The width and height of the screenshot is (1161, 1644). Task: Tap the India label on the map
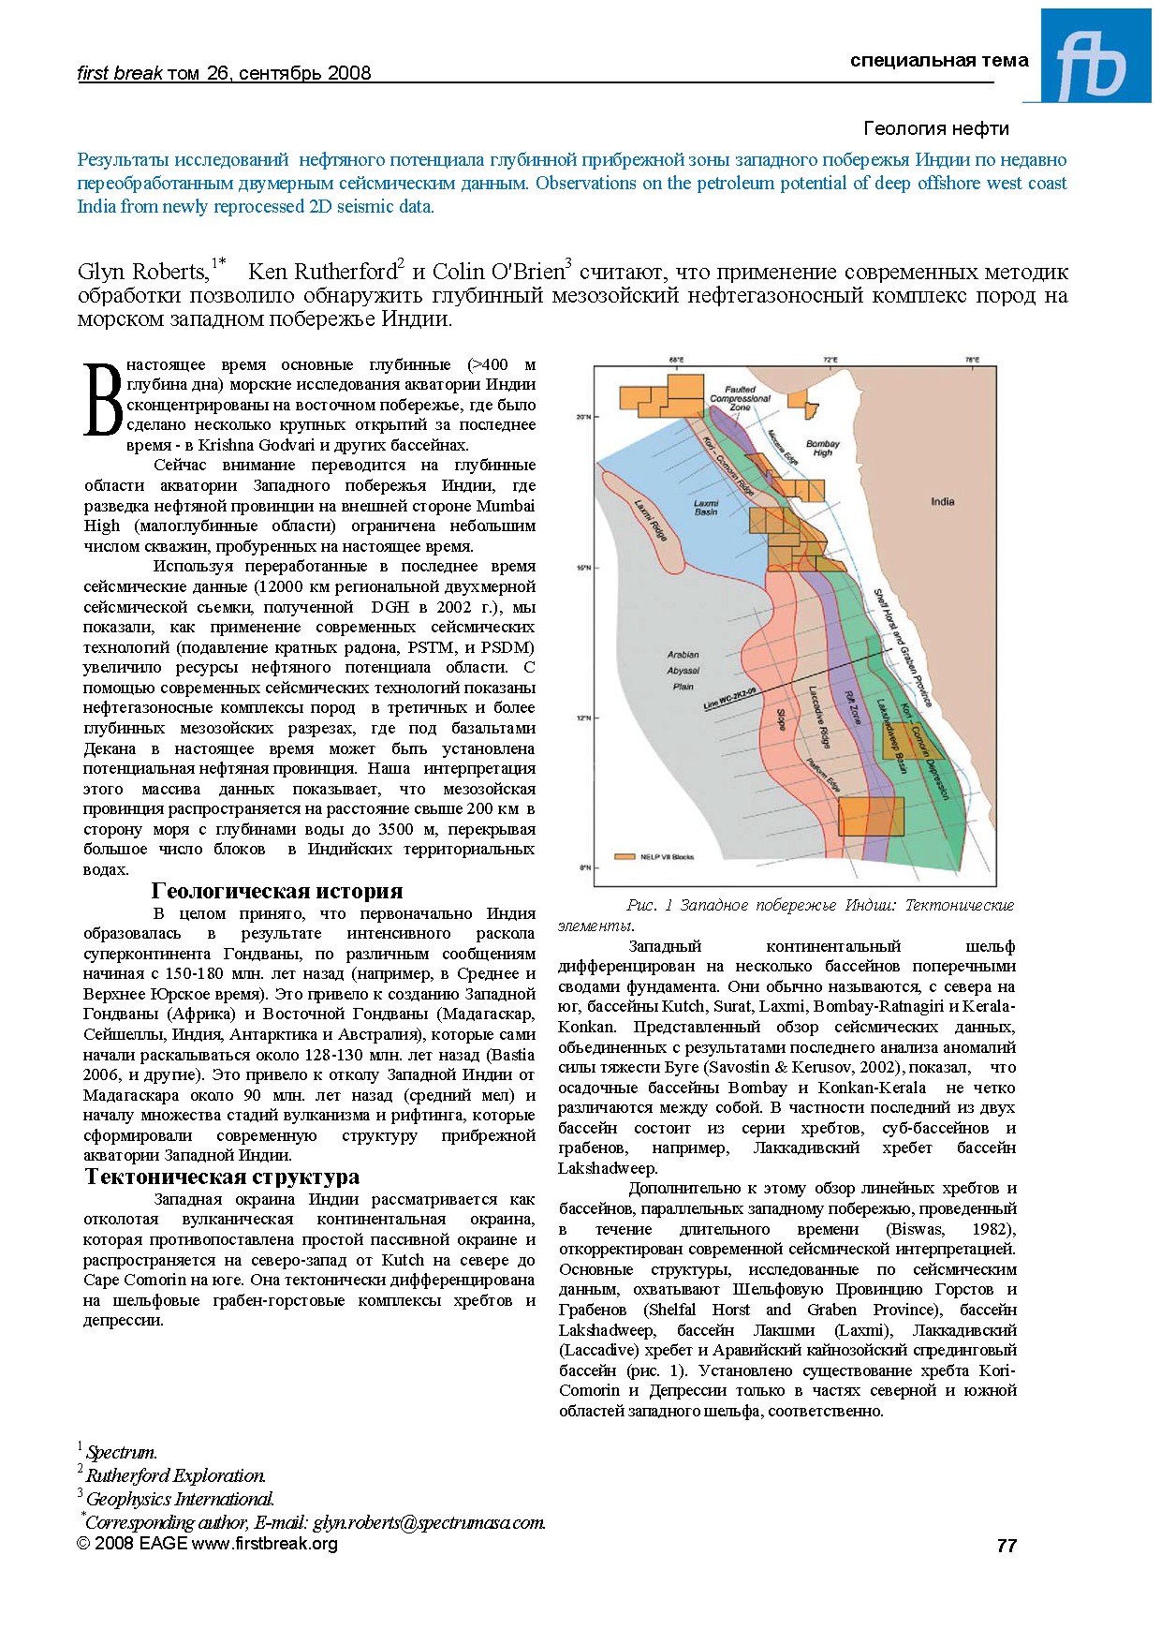942,501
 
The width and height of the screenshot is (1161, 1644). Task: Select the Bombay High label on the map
822,448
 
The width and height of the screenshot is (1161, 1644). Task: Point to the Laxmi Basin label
706,507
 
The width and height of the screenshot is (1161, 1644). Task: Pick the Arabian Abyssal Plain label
683,671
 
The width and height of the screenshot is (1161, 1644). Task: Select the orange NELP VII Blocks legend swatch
625,856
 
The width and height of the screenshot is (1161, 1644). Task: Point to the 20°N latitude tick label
582,417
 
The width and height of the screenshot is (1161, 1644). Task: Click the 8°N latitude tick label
584,867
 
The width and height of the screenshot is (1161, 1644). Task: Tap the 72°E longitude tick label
830,360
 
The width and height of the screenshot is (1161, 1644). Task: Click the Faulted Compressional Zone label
740,398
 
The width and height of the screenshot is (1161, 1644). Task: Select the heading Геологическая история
277,891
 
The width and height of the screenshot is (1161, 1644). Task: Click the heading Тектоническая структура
222,1177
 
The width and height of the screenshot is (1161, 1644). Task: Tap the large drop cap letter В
102,401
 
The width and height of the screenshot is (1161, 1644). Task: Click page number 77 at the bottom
1007,1546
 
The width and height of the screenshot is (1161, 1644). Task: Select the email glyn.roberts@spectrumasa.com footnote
428,1522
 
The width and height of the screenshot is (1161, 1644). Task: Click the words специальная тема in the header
939,61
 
